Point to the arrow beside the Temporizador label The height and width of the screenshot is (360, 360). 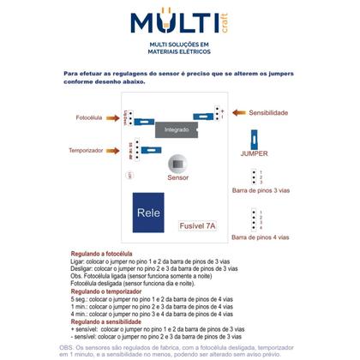click(x=111, y=150)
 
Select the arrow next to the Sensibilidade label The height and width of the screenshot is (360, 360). click(x=237, y=112)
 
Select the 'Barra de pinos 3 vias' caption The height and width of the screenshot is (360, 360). click(x=261, y=192)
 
